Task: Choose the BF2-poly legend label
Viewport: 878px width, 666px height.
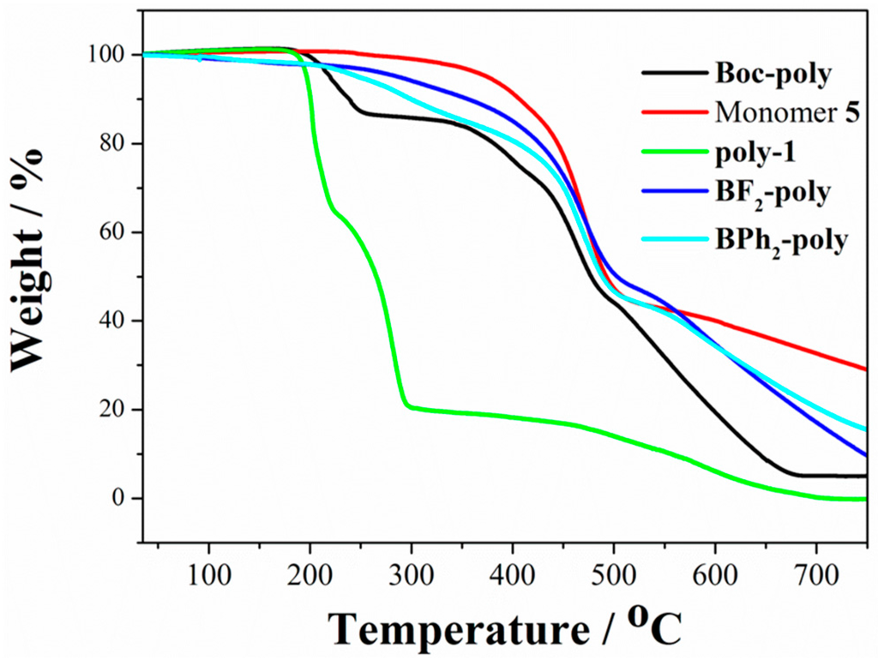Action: tap(772, 194)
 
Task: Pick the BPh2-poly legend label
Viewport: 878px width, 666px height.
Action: tap(781, 240)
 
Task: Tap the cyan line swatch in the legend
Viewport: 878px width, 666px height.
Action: tap(674, 239)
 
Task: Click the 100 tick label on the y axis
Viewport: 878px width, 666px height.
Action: tap(104, 55)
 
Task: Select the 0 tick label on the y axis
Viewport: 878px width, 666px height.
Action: tap(120, 498)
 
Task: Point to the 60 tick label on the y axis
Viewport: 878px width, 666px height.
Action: tap(112, 232)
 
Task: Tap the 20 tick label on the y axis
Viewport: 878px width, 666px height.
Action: tap(112, 410)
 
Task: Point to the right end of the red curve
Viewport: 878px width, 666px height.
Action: tap(864, 369)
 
